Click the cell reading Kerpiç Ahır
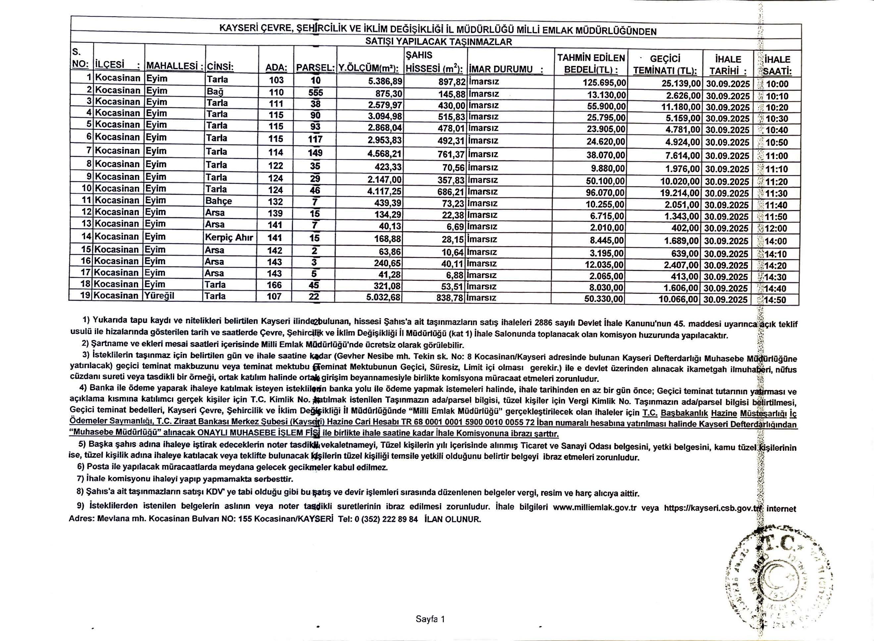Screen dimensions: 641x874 [229, 237]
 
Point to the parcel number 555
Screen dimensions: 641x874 [315, 92]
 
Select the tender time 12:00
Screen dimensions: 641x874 [776, 228]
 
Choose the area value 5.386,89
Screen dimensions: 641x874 [384, 81]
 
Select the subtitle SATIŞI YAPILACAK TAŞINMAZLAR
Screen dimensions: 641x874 [438, 42]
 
